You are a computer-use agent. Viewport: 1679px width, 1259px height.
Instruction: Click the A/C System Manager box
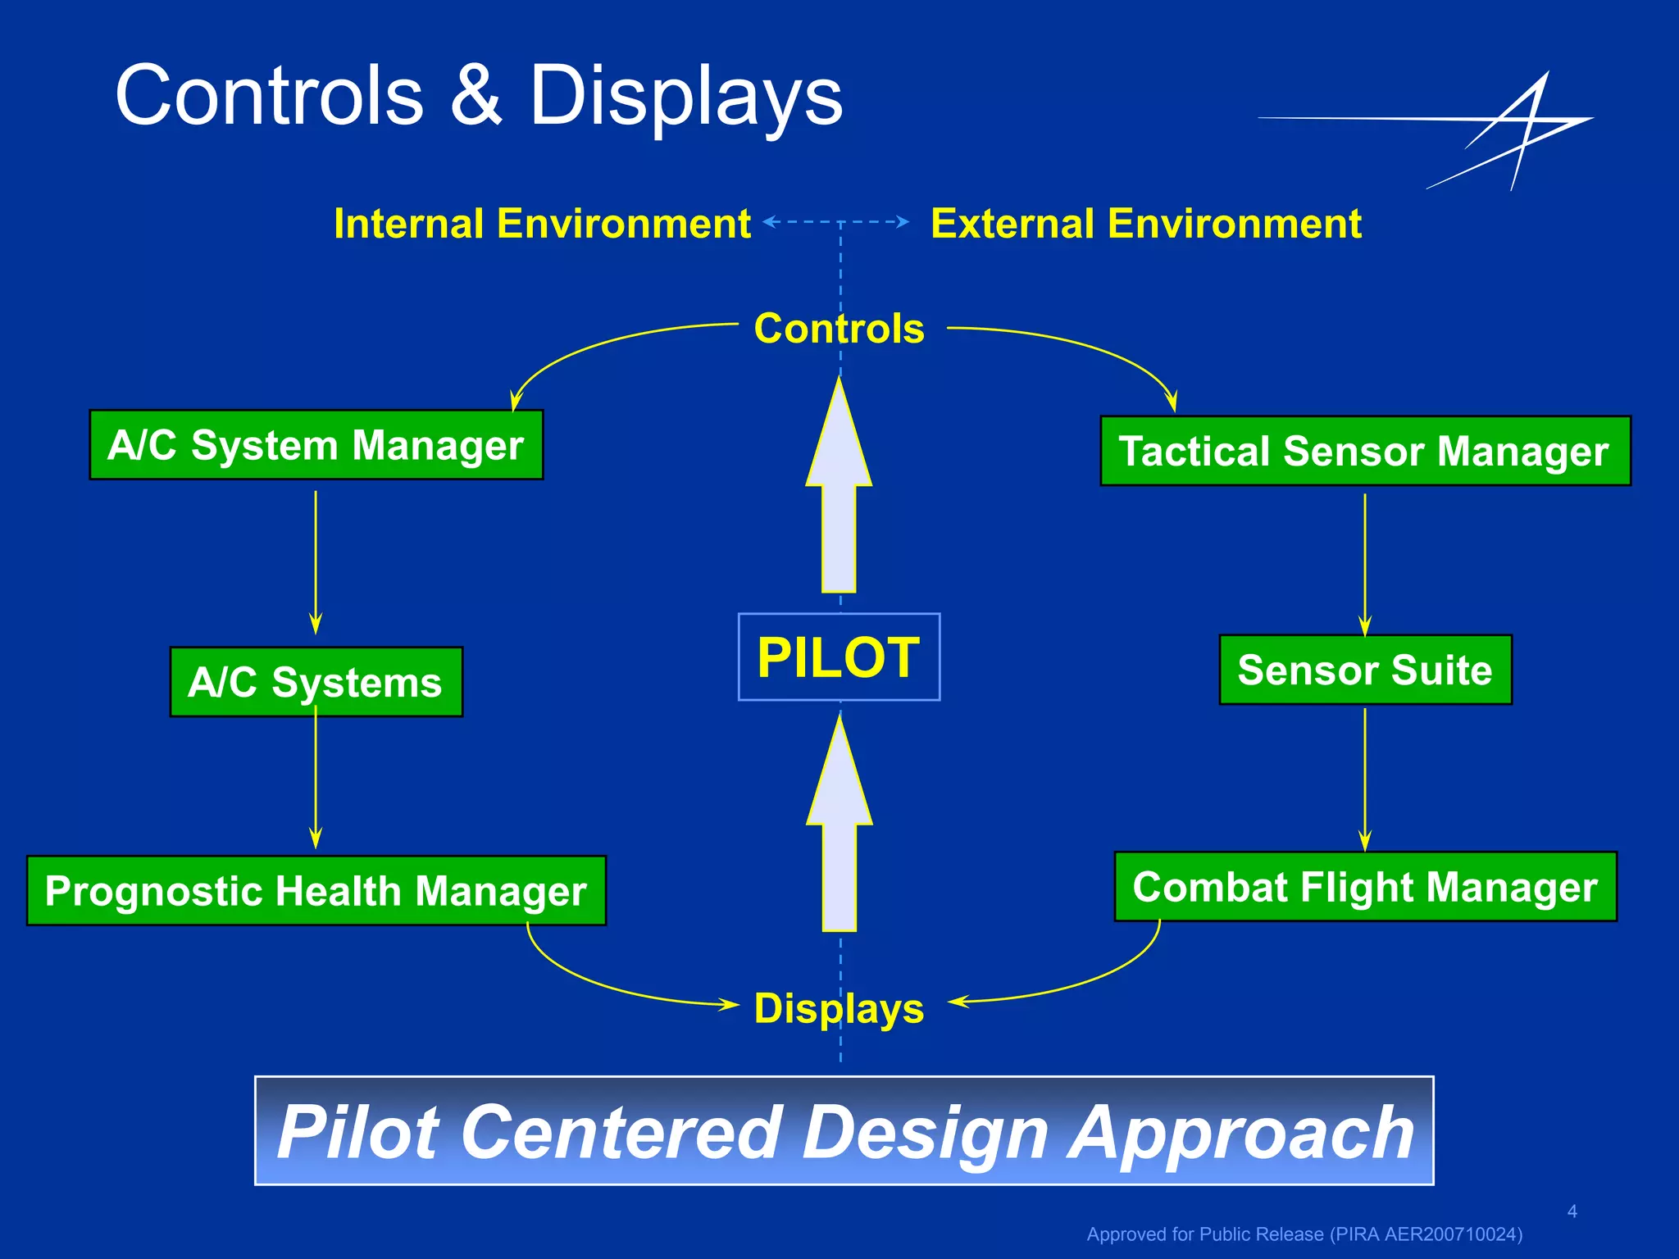click(x=316, y=445)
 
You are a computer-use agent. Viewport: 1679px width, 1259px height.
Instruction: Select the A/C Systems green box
click(x=316, y=682)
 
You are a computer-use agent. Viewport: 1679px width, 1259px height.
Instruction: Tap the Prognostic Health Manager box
click(x=316, y=891)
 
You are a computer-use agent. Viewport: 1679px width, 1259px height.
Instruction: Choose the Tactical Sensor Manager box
click(x=1365, y=451)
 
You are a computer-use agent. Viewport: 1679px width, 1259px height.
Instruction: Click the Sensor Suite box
click(x=1365, y=670)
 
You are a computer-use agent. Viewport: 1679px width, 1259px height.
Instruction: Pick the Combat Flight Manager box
click(x=1365, y=887)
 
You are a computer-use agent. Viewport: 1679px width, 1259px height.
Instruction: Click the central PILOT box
click(x=839, y=657)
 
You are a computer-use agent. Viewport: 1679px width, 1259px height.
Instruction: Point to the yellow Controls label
click(x=839, y=329)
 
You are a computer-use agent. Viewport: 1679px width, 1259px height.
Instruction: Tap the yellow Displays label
click(x=839, y=1008)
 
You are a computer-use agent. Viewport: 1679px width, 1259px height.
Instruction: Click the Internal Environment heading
click(x=542, y=224)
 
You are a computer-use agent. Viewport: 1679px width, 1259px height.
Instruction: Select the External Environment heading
click(x=1146, y=224)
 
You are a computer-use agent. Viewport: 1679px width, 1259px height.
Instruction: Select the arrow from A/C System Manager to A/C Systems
click(x=316, y=561)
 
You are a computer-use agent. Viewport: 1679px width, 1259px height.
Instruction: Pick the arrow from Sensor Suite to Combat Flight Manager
click(x=1365, y=779)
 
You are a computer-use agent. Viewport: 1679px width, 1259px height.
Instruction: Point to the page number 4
click(x=1572, y=1211)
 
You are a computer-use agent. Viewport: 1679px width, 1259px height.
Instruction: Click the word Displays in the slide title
click(x=685, y=98)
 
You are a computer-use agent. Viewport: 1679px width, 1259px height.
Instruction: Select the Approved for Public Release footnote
click(x=1304, y=1234)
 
